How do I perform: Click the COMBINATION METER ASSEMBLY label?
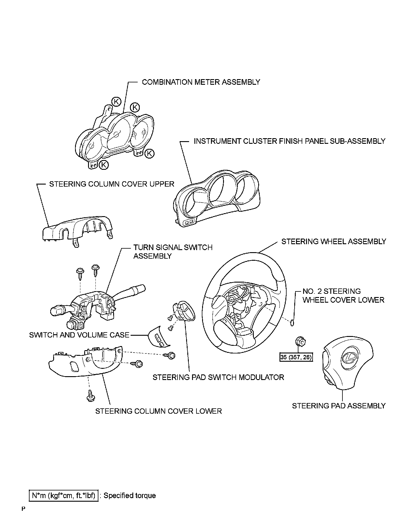201,82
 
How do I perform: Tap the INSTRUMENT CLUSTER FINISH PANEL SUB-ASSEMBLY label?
289,141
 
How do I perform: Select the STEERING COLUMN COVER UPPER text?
112,184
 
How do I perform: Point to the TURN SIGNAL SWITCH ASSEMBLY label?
173,252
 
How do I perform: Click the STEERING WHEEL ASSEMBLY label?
334,242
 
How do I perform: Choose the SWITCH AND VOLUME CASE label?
79,335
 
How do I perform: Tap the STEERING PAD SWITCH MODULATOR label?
218,377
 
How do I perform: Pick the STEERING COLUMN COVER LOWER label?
158,411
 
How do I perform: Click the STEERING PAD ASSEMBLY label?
339,406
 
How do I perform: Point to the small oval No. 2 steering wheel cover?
292,323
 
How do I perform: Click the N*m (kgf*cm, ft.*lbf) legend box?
64,495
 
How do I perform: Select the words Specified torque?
129,495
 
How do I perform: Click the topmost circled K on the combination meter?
116,102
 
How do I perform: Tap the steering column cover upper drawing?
77,230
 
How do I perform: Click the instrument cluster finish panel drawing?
217,198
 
